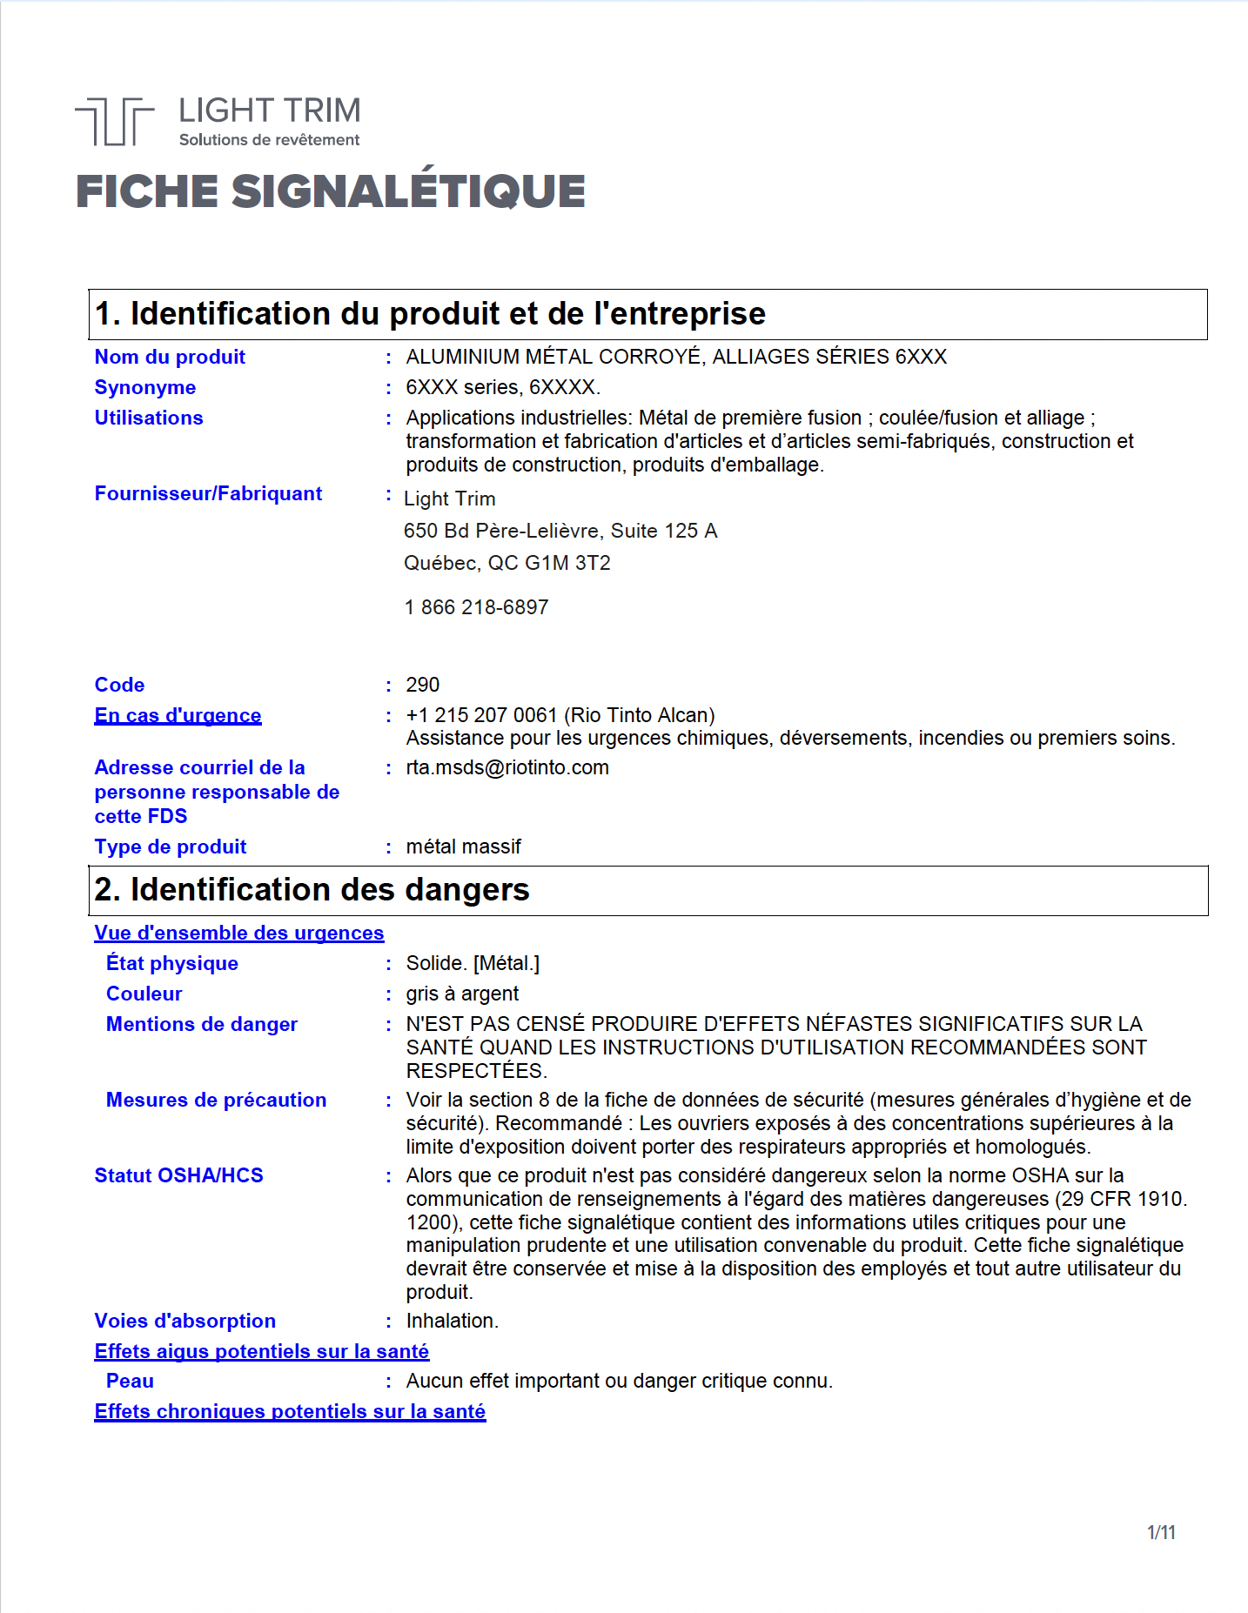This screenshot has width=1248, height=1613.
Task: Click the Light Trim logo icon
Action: [x=114, y=121]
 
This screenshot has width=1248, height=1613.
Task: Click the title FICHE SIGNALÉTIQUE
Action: [x=330, y=191]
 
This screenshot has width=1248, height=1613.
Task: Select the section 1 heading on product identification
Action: [x=430, y=314]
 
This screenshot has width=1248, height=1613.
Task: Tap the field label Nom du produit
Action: [x=170, y=357]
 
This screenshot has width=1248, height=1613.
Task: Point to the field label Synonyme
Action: [x=144, y=387]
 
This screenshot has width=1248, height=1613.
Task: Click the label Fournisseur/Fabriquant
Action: [x=208, y=493]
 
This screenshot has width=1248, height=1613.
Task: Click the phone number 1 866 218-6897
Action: [x=476, y=607]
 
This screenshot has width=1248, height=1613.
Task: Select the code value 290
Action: [x=422, y=685]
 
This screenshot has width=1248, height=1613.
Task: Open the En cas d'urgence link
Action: [x=178, y=715]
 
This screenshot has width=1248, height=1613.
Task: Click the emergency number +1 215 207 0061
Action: [x=481, y=715]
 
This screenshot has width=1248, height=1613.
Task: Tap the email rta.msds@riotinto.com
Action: [x=507, y=767]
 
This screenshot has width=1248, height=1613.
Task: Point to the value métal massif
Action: [x=463, y=847]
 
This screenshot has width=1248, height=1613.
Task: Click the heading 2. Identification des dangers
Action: [x=312, y=890]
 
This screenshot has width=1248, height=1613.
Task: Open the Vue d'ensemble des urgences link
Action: [x=238, y=933]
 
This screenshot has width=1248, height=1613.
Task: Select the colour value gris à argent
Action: [x=462, y=994]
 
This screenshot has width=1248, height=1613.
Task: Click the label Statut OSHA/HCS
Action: [x=178, y=1175]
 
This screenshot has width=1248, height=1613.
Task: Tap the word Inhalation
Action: [x=452, y=1321]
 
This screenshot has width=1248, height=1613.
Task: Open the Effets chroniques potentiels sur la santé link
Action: [x=290, y=1411]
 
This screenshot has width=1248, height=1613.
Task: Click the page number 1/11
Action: [x=1161, y=1532]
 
